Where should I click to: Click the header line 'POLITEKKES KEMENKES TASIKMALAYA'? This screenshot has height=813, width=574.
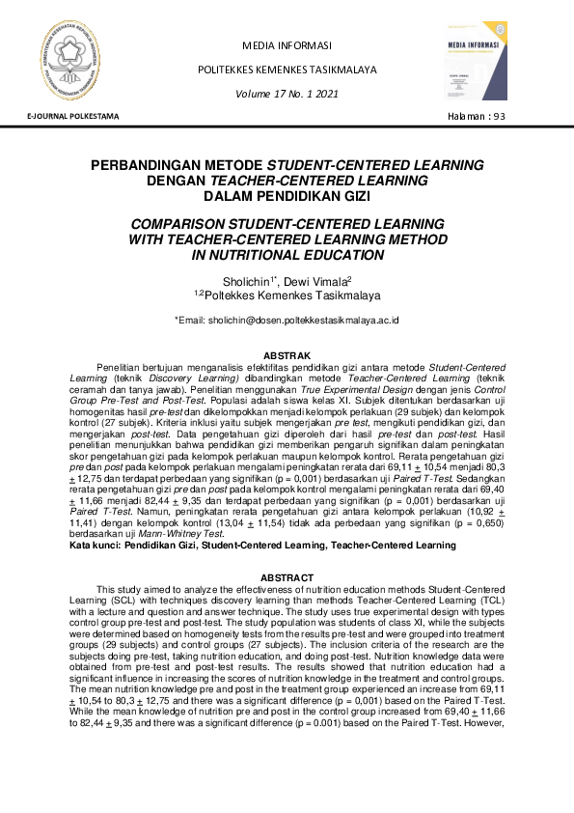[x=286, y=70]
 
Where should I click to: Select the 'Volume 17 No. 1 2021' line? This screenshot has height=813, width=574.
[x=286, y=94]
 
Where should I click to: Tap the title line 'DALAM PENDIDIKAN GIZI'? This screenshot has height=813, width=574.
[x=287, y=196]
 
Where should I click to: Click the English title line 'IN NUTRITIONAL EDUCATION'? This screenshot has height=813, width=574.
[x=287, y=255]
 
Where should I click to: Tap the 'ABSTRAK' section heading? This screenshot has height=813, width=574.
[x=287, y=355]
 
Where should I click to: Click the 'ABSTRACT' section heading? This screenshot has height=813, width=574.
[x=287, y=577]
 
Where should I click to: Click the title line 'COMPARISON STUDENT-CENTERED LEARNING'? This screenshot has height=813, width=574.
[x=287, y=222]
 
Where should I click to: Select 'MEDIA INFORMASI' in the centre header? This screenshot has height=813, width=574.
[x=287, y=45]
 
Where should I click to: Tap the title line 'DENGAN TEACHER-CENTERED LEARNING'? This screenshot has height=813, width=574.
[x=287, y=181]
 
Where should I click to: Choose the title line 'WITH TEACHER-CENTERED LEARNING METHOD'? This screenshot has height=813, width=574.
[x=287, y=238]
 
